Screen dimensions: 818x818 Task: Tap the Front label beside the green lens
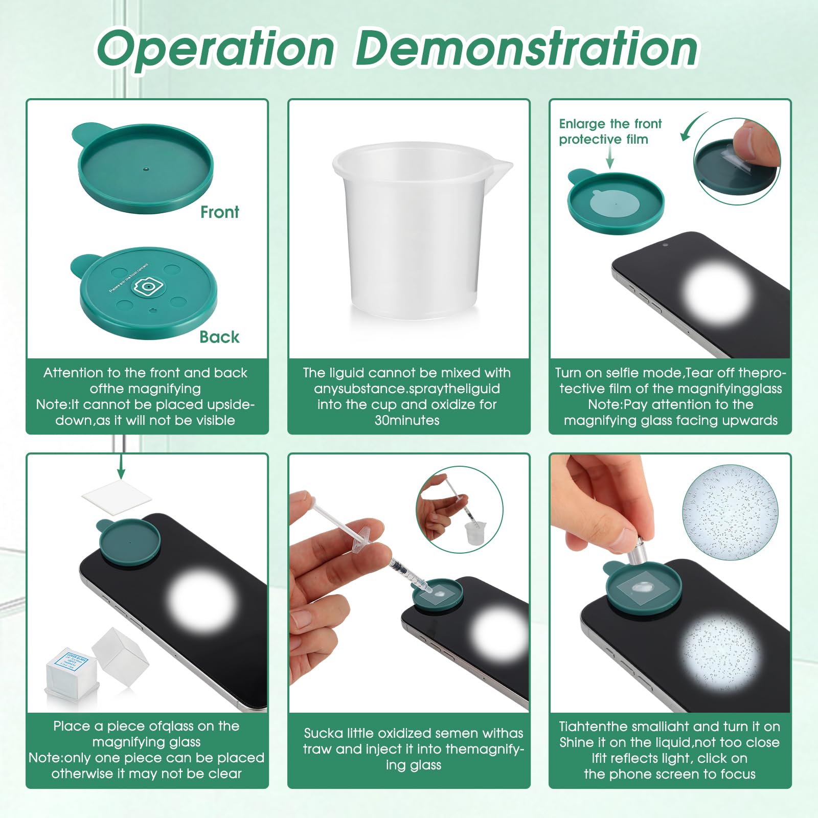(219, 212)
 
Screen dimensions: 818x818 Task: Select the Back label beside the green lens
(219, 337)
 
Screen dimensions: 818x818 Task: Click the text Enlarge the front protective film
(610, 131)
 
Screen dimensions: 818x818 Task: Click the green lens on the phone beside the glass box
(129, 542)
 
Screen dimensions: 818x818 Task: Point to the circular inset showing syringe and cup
(460, 510)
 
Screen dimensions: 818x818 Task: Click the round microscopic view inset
(731, 513)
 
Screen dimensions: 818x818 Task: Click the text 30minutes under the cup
(407, 421)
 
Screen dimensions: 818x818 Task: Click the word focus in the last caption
(738, 774)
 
